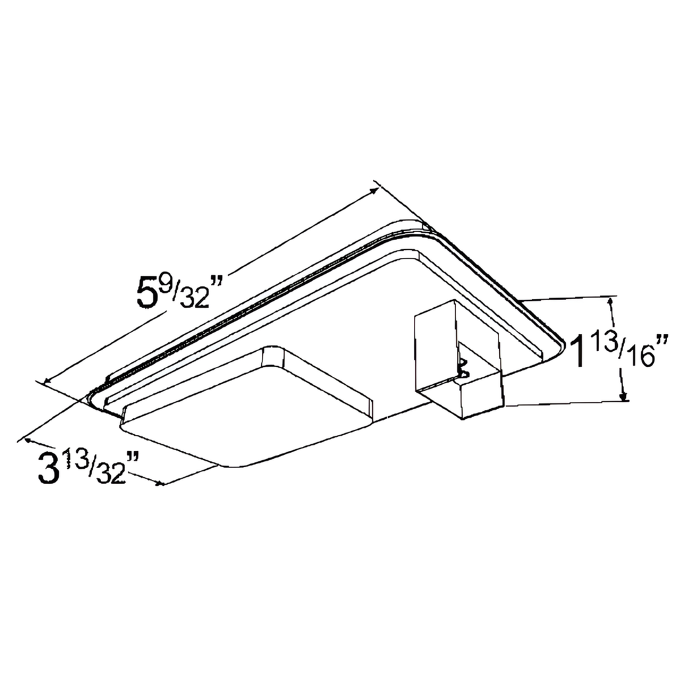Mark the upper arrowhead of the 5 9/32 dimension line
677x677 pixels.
point(375,190)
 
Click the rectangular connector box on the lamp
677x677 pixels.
point(456,360)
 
